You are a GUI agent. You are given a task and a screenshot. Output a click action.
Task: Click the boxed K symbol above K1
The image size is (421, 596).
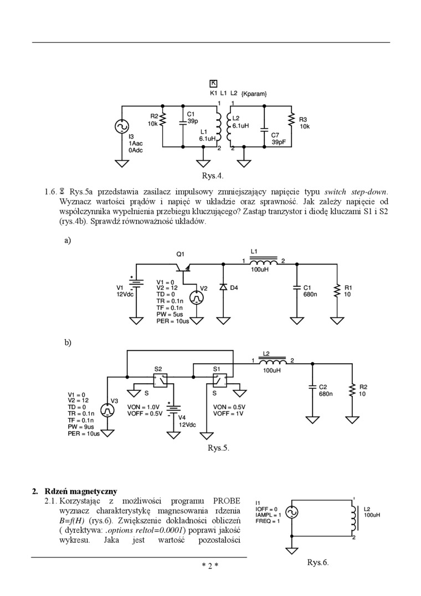pos(213,84)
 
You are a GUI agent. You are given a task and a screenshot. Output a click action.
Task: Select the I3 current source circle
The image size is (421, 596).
pos(121,126)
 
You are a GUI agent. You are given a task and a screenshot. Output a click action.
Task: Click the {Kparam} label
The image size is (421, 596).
pos(254,94)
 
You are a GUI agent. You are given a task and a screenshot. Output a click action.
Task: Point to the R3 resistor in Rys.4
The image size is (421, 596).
pos(290,120)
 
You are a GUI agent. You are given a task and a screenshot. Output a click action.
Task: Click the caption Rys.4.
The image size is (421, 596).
pos(212,176)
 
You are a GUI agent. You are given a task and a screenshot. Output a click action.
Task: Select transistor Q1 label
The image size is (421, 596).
pos(180,254)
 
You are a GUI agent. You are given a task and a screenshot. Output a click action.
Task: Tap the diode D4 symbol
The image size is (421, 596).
pos(223,287)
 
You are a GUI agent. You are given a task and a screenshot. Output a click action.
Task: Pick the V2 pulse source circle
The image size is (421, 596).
pos(196,298)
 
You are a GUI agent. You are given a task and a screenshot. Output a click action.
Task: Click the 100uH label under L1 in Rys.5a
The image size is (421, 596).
pos(260,269)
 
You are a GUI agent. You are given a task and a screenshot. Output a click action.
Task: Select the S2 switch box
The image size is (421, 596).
pos(161,380)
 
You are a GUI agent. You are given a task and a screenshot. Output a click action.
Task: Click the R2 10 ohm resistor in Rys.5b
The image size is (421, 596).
pos(351,391)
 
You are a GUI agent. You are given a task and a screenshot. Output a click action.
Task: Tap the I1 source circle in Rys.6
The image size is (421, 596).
pos(289,513)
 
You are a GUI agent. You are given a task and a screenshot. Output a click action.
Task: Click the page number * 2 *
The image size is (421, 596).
pos(210,566)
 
